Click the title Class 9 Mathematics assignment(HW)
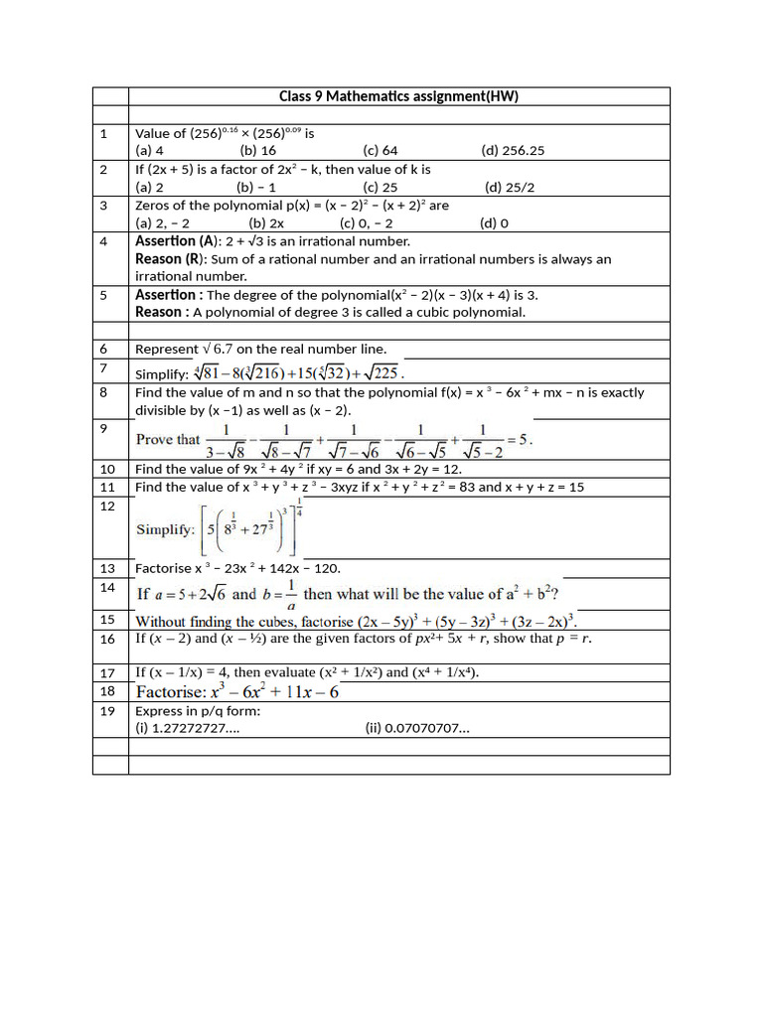click(398, 96)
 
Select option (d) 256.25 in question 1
click(513, 151)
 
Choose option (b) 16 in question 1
click(258, 151)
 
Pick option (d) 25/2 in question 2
click(510, 187)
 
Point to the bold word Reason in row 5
click(159, 312)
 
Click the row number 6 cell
click(110, 349)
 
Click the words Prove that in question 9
click(168, 439)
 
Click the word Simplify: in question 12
click(165, 529)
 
